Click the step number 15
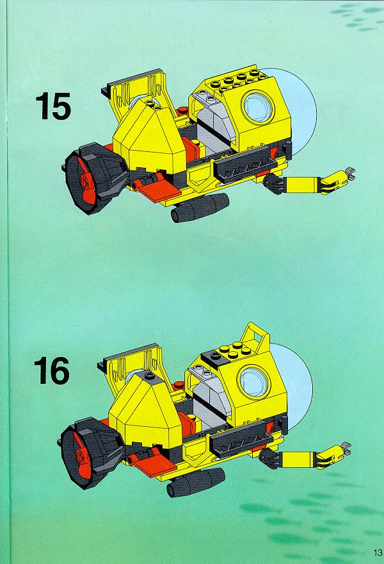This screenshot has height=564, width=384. pyautogui.click(x=53, y=106)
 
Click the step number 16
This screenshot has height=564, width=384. pyautogui.click(x=51, y=370)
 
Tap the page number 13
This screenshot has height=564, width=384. pyautogui.click(x=378, y=552)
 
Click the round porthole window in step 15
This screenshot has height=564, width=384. pyautogui.click(x=258, y=105)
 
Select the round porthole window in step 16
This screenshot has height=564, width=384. pyautogui.click(x=254, y=381)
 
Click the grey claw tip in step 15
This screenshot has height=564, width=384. pyautogui.click(x=349, y=172)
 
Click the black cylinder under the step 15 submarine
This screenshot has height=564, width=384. pyautogui.click(x=200, y=208)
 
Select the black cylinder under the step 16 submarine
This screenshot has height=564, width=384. pyautogui.click(x=195, y=483)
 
